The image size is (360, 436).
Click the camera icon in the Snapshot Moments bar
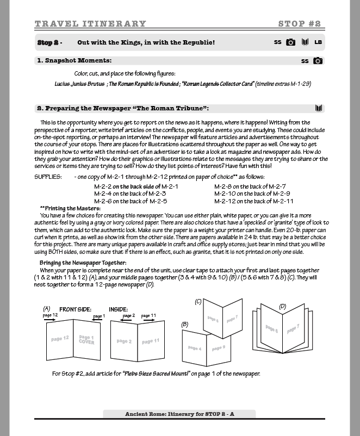coord(318,61)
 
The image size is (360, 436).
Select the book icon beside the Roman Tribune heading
coord(319,108)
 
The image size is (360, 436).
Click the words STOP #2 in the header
coord(299,24)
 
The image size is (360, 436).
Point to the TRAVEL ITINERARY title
coord(90,24)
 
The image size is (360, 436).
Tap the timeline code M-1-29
coord(298,84)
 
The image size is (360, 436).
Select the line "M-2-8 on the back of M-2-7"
coord(250,186)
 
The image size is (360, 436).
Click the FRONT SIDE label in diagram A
coord(75,309)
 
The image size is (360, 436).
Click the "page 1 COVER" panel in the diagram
coord(86,340)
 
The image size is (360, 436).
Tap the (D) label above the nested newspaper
coord(282,307)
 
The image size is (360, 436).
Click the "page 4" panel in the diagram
coord(195,348)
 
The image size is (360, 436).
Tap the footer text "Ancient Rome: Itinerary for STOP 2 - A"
coord(179,414)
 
